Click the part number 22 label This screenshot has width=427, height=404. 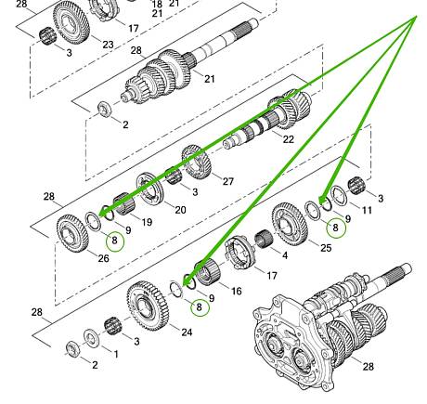(x=288, y=139)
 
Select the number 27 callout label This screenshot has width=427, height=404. (x=228, y=181)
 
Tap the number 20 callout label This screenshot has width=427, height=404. (x=180, y=210)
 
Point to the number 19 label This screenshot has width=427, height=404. (x=147, y=222)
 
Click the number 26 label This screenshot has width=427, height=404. (x=104, y=258)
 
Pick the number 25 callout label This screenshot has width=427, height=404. (x=326, y=248)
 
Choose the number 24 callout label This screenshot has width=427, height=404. (x=187, y=332)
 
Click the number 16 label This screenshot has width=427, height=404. (x=236, y=291)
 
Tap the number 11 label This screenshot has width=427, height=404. (x=367, y=211)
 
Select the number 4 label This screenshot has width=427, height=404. (x=285, y=255)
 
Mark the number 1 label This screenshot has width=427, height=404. (x=116, y=354)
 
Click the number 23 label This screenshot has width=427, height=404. (x=108, y=45)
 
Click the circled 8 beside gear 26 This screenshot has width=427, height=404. (x=114, y=240)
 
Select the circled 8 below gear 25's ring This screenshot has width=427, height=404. (x=336, y=228)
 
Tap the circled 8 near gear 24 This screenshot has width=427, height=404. (x=200, y=307)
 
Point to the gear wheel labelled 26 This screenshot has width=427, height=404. (x=72, y=233)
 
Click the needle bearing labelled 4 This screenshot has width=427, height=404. (x=264, y=240)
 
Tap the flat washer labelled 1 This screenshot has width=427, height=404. (x=91, y=338)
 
